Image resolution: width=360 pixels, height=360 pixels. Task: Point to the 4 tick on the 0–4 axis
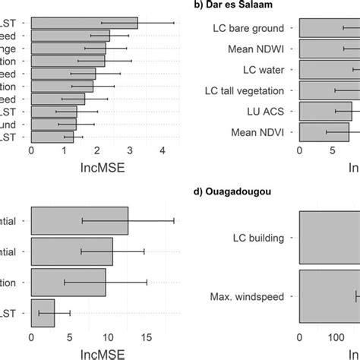[162, 150]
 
